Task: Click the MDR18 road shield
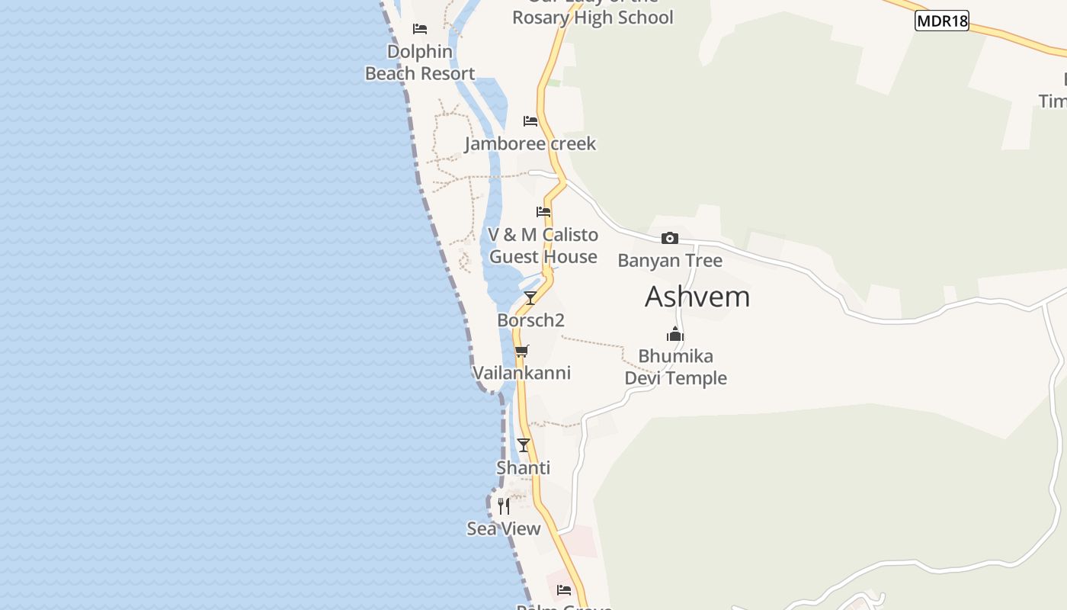click(x=941, y=21)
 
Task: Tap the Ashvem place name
click(x=697, y=297)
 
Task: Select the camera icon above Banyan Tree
click(x=670, y=239)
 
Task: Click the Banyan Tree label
click(x=670, y=261)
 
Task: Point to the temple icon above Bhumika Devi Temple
click(x=675, y=334)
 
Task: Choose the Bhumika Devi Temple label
click(x=676, y=367)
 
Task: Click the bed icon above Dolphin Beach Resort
click(x=420, y=29)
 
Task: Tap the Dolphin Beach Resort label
click(x=420, y=63)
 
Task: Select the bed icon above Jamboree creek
click(x=530, y=121)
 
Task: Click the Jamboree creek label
click(x=530, y=143)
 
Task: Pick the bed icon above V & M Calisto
click(x=543, y=212)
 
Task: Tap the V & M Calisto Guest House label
click(x=543, y=246)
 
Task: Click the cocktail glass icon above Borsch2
click(x=530, y=297)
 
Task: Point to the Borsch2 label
click(x=530, y=320)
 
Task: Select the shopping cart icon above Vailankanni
click(x=521, y=351)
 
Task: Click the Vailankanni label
click(x=521, y=373)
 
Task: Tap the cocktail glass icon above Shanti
click(x=524, y=445)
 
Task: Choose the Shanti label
click(x=524, y=467)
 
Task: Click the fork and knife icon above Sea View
click(x=504, y=506)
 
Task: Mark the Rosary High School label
click(x=592, y=17)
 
